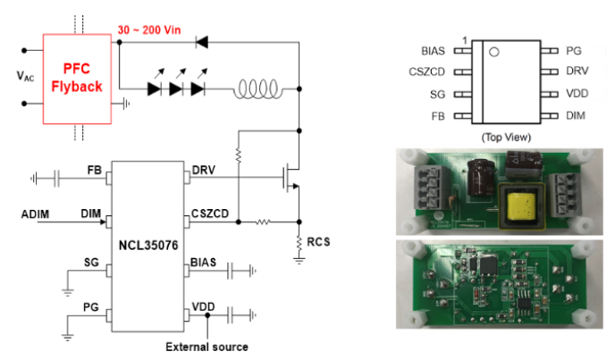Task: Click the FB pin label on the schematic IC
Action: (x=93, y=170)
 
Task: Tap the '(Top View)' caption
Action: (x=506, y=137)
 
